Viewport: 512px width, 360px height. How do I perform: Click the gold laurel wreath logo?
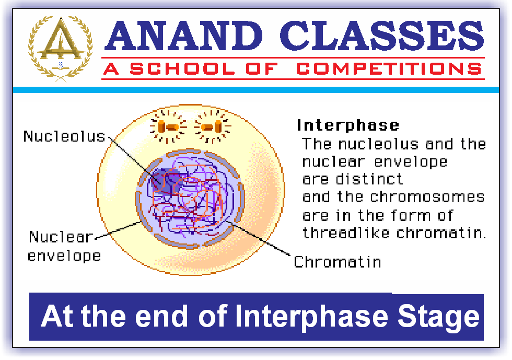[x=60, y=49]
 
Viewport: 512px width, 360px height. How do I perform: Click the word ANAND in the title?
[x=183, y=36]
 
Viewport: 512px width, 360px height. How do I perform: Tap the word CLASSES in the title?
[x=382, y=36]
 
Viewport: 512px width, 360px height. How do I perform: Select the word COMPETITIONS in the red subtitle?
[x=389, y=68]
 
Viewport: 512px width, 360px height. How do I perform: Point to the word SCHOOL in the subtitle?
[x=182, y=68]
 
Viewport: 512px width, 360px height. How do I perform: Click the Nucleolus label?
[x=64, y=136]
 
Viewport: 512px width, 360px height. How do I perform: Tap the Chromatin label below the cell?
[x=338, y=262]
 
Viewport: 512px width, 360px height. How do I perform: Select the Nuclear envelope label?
[x=64, y=246]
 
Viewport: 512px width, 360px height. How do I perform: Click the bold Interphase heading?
[x=348, y=125]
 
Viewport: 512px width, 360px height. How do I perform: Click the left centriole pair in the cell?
[x=168, y=126]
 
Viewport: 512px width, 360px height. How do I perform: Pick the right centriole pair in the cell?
[x=212, y=126]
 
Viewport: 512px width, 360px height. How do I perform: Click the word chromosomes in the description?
[x=427, y=197]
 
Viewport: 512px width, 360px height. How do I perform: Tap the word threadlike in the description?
[x=346, y=233]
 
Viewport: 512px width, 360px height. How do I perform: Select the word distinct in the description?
[x=369, y=179]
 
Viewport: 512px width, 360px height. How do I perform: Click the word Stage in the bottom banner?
[x=438, y=317]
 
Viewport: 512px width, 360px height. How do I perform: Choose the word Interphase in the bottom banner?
[x=311, y=317]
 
